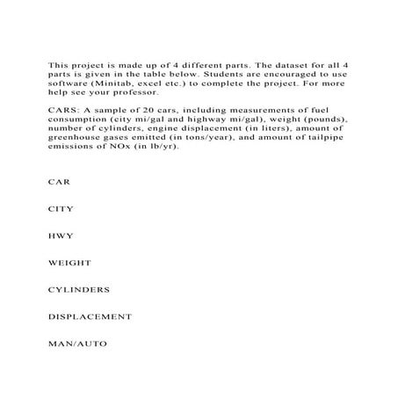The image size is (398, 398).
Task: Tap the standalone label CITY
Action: tap(61, 209)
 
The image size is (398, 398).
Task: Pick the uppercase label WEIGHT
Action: tap(69, 262)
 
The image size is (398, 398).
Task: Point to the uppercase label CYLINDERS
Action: tap(78, 289)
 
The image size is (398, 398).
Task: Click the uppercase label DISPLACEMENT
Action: tap(90, 316)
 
